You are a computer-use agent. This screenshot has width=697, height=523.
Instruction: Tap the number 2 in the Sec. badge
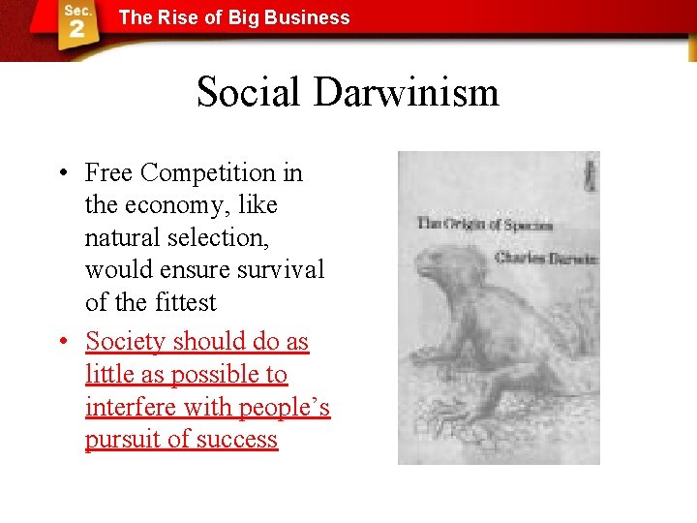pyautogui.click(x=76, y=29)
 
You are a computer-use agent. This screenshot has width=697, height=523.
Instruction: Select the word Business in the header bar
pyautogui.click(x=307, y=17)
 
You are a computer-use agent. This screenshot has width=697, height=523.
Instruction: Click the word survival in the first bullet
pyautogui.click(x=281, y=269)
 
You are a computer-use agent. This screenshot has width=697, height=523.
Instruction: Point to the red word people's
pyautogui.click(x=280, y=407)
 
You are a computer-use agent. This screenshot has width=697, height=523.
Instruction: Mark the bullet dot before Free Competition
pyautogui.click(x=61, y=174)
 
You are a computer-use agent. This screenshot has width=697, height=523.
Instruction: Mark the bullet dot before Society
pyautogui.click(x=61, y=342)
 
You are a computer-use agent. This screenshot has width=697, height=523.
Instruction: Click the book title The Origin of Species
pyautogui.click(x=485, y=224)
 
